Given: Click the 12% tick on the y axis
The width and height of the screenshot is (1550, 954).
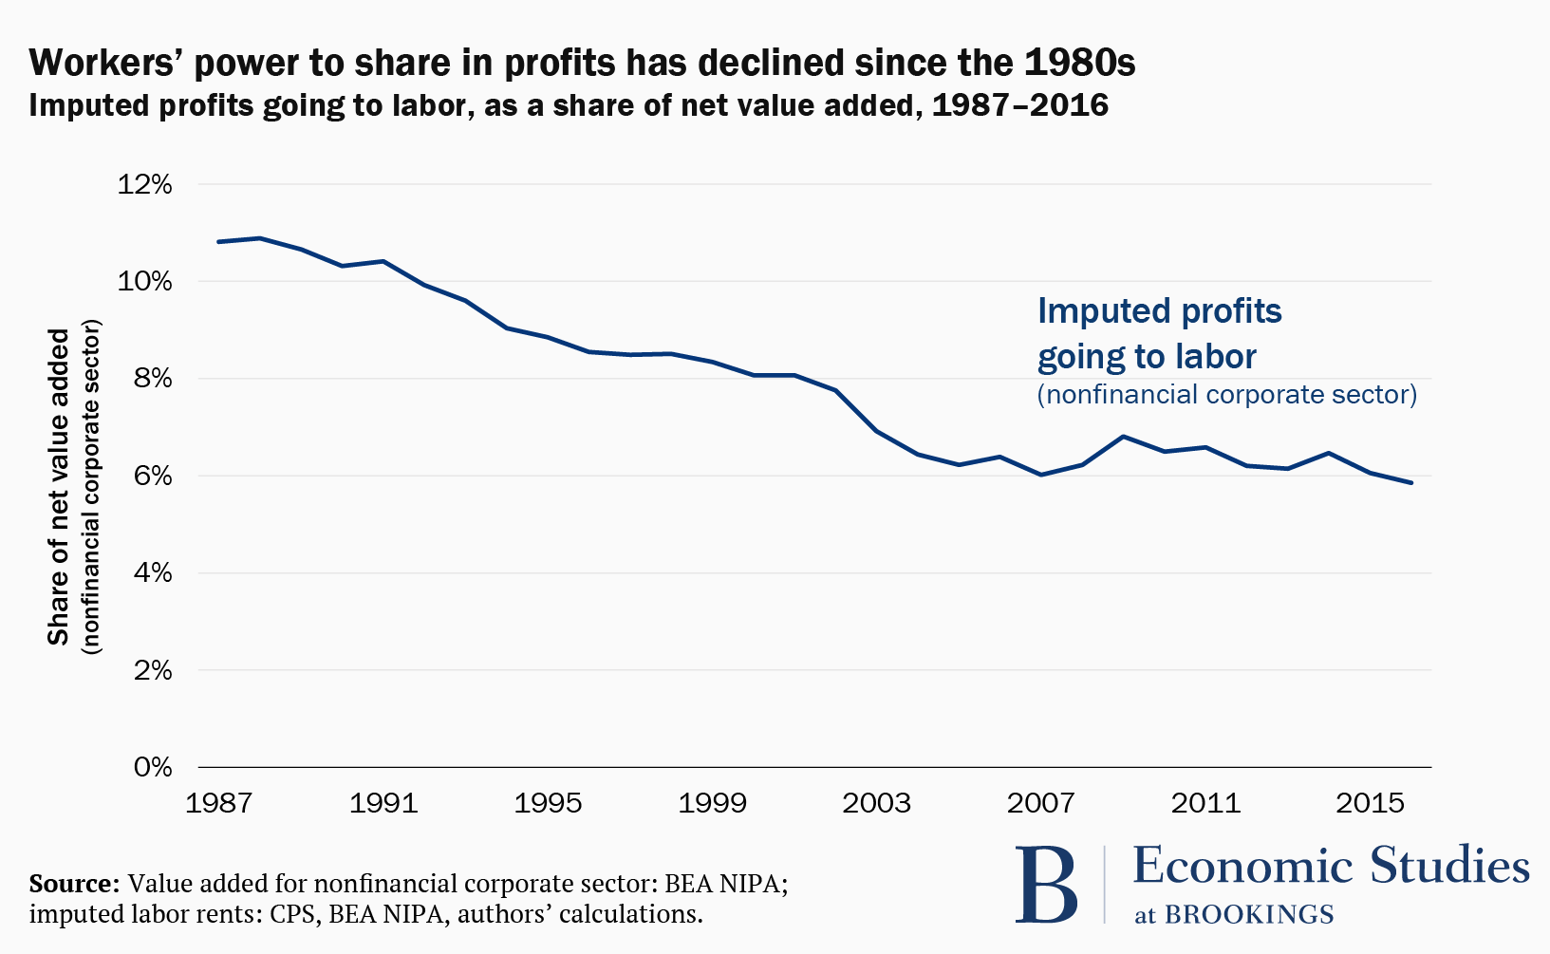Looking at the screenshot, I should (144, 184).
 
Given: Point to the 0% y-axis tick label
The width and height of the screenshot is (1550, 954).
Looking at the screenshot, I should (152, 766).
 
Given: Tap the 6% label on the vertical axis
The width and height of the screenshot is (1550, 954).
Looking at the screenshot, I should (152, 476).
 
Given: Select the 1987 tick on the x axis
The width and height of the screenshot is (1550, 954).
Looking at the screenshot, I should (218, 803).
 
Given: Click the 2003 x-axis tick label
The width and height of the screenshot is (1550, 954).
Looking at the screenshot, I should (876, 803).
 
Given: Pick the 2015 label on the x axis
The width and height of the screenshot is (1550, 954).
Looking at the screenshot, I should (1370, 803).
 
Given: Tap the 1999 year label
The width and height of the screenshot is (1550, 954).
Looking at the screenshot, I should (712, 803).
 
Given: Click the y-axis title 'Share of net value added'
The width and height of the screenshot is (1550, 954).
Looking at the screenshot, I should (59, 487).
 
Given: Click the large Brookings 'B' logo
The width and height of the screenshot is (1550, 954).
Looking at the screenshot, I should (1046, 885).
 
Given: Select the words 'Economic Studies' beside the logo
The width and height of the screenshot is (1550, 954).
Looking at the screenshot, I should (1331, 866).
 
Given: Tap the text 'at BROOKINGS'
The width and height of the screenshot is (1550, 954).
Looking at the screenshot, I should (1234, 914).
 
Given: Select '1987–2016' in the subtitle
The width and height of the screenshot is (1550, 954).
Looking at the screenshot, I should (1020, 104).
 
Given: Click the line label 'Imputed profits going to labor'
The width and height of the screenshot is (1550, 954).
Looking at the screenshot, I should (1159, 333).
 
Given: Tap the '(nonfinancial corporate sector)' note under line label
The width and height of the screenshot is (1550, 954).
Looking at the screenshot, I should (1226, 394).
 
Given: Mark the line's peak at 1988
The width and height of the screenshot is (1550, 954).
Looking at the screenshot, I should (260, 237).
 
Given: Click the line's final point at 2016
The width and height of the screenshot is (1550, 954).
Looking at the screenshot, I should (1411, 483).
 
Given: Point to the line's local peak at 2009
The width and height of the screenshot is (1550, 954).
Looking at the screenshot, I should (1123, 437).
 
